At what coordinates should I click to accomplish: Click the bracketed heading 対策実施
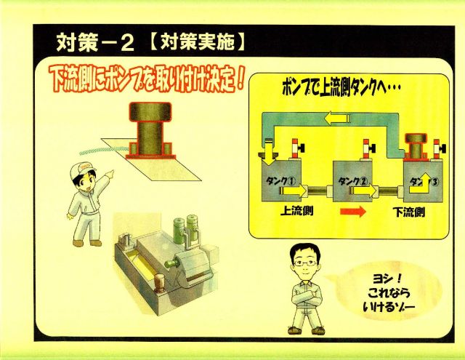coord(197,43)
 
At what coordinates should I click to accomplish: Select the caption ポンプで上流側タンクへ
coord(341,87)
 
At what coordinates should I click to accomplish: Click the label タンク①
coord(280,181)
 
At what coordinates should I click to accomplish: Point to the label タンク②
coord(353,181)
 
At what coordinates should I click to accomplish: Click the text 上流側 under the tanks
coord(297,211)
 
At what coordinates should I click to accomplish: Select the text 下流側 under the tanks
coord(409,212)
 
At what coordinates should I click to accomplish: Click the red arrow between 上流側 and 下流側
coord(353,212)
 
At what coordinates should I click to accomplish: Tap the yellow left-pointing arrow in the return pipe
coord(336,119)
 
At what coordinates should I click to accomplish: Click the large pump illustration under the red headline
coord(150,130)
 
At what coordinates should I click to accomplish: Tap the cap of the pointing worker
coord(81,170)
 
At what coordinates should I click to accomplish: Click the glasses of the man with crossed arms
coord(305,263)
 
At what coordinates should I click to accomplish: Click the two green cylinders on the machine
coord(185,228)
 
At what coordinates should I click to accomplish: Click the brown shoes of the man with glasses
coord(306,330)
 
